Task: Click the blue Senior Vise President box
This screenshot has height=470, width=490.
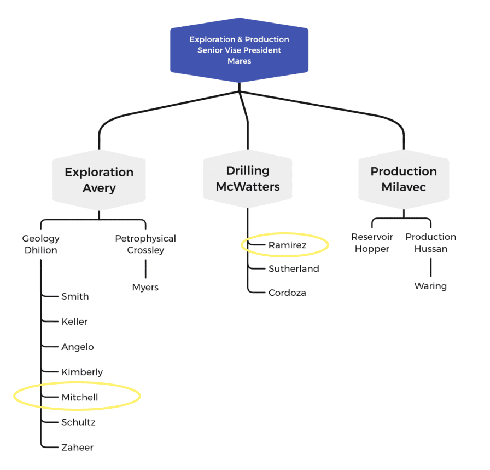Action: pyautogui.click(x=239, y=50)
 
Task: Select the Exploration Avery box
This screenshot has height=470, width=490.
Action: pyautogui.click(x=99, y=180)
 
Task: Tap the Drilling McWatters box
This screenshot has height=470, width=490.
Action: pyautogui.click(x=248, y=179)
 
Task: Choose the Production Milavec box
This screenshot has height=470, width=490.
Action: pyautogui.click(x=404, y=179)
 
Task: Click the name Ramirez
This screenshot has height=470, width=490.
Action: pyautogui.click(x=287, y=245)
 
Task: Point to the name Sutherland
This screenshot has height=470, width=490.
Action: pyautogui.click(x=294, y=268)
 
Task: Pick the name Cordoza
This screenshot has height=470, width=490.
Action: pyautogui.click(x=287, y=293)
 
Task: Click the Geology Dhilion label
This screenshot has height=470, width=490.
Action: pyautogui.click(x=40, y=244)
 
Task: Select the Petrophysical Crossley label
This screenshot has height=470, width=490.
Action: pyautogui.click(x=145, y=244)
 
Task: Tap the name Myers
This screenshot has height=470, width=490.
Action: pyautogui.click(x=145, y=287)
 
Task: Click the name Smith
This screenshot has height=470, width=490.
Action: pyautogui.click(x=75, y=296)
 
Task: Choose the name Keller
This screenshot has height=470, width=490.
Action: pyautogui.click(x=74, y=322)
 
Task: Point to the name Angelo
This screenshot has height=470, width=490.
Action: pyautogui.click(x=77, y=347)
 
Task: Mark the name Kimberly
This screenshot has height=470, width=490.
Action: pyautogui.click(x=82, y=372)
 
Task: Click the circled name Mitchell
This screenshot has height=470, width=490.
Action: pyautogui.click(x=80, y=397)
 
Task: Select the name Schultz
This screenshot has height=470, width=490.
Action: pyautogui.click(x=78, y=422)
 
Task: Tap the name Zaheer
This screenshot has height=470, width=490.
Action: pyautogui.click(x=77, y=448)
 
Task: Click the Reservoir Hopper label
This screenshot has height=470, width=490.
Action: pyautogui.click(x=372, y=243)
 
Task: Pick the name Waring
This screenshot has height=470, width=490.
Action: pyautogui.click(x=430, y=286)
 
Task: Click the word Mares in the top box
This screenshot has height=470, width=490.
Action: pyautogui.click(x=239, y=61)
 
